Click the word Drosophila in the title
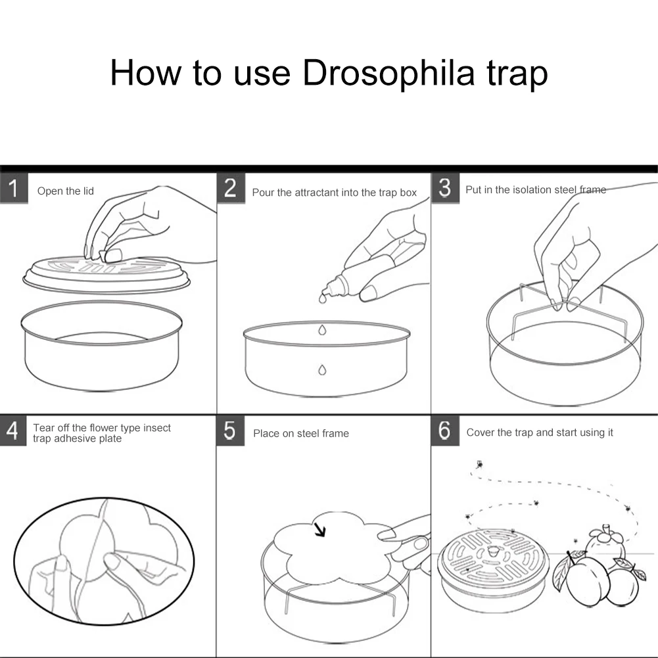388,73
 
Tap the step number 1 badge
14,189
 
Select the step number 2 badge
230,188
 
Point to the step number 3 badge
445,188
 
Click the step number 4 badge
13,431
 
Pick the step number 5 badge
230,431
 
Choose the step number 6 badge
445,431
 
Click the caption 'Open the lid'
66,191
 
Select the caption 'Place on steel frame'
301,433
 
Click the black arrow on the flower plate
319,530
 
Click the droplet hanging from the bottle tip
322,299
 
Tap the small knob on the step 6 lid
493,550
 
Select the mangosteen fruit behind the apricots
604,542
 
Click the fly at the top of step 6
479,464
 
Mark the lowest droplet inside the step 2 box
322,370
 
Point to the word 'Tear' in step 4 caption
43,428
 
